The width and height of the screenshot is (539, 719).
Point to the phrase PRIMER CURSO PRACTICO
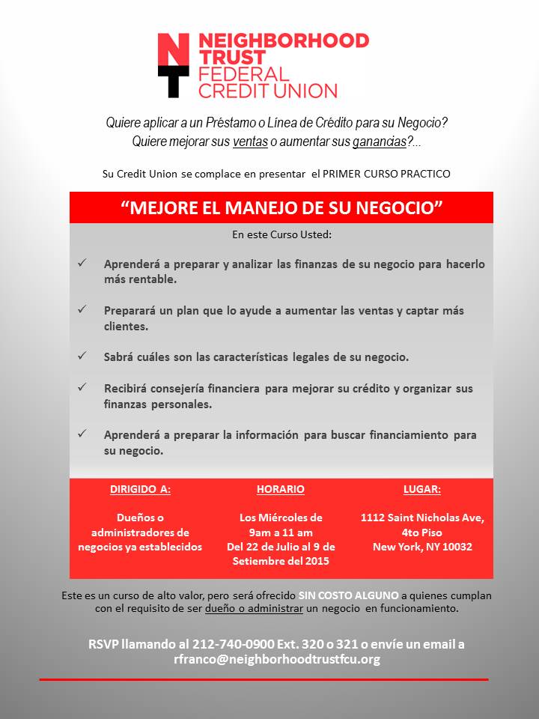pyautogui.click(x=386, y=174)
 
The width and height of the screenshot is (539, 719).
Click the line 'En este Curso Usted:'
pyautogui.click(x=281, y=234)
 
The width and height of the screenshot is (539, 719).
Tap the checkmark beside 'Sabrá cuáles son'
pyautogui.click(x=82, y=356)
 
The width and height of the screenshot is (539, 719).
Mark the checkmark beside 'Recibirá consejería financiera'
pyautogui.click(x=82, y=387)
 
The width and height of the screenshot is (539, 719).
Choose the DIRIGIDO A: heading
pyautogui.click(x=140, y=489)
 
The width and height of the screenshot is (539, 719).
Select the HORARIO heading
pyautogui.click(x=281, y=489)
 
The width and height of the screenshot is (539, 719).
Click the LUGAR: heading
pyautogui.click(x=422, y=489)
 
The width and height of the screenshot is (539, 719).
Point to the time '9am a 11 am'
pyautogui.click(x=281, y=532)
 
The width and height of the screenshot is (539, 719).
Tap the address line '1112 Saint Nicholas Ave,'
pyautogui.click(x=422, y=518)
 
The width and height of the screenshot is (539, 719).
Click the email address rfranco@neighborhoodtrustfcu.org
pyautogui.click(x=277, y=659)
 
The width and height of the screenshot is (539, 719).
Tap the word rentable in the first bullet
pyautogui.click(x=152, y=279)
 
